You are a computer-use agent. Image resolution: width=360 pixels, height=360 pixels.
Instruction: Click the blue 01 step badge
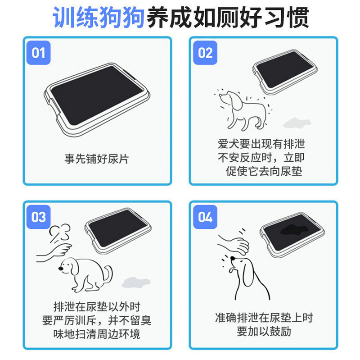tap(39, 53)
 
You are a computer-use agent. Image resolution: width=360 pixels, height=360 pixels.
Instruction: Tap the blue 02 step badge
tap(205, 53)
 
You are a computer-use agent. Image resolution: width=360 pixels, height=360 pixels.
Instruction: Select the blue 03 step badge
tap(39, 217)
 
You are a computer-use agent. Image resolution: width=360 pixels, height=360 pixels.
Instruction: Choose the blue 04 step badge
tap(205, 217)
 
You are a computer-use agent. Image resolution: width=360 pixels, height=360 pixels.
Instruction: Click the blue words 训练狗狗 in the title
tap(99, 18)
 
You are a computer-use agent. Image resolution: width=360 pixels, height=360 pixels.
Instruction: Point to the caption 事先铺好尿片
tap(96, 159)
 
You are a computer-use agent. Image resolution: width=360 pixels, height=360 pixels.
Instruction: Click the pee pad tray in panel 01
tap(97, 100)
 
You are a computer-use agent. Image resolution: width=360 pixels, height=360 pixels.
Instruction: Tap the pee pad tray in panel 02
tap(285, 72)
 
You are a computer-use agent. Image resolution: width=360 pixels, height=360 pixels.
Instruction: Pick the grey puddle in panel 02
tap(297, 123)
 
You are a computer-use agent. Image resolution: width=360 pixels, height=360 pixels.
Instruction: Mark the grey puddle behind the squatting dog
tap(136, 283)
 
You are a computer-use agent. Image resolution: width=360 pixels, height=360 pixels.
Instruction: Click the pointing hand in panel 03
tap(54, 252)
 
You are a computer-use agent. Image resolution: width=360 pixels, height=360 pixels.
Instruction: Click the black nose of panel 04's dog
tap(233, 258)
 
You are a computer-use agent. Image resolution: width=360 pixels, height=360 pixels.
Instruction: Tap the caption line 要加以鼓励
tap(264, 332)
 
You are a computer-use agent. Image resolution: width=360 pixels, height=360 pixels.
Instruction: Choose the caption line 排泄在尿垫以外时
tap(97, 307)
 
